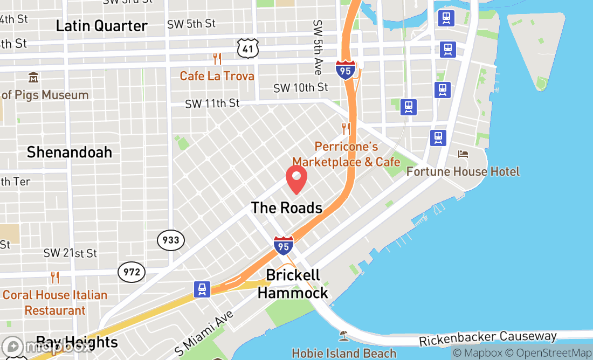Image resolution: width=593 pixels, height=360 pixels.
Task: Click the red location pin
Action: [x=296, y=179]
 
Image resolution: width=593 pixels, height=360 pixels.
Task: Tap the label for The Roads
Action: [x=286, y=208]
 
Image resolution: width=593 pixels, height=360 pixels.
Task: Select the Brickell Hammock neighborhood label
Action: [x=293, y=284]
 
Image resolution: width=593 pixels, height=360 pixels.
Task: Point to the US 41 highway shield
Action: [x=248, y=49]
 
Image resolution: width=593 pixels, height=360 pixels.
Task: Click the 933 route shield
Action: [x=171, y=240]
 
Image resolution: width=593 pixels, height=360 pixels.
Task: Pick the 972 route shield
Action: [x=132, y=272]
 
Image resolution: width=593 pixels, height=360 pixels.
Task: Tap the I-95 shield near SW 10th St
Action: [x=345, y=70]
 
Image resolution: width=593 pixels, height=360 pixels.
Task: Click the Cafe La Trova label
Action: [x=217, y=76]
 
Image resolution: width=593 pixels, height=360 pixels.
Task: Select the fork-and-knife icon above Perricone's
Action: [x=346, y=129]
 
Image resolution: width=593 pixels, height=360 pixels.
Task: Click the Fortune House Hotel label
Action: [x=463, y=172]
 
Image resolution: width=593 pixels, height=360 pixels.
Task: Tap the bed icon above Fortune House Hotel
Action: [x=463, y=154]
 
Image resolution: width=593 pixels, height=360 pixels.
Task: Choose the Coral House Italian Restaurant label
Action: [x=55, y=303]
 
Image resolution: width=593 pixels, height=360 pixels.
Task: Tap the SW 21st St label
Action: [x=70, y=253]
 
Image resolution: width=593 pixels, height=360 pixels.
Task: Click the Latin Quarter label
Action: [x=102, y=26]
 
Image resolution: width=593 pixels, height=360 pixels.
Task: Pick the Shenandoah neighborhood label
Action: [x=70, y=152]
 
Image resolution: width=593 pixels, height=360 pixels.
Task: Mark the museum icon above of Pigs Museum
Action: [x=33, y=78]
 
